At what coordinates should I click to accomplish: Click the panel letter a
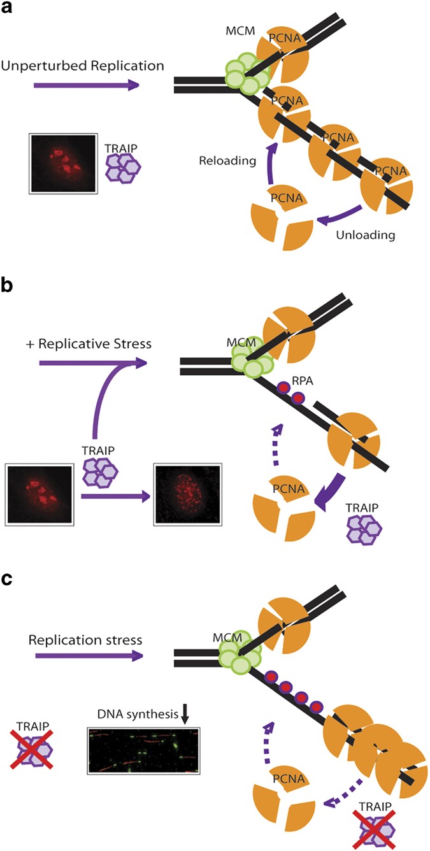9,11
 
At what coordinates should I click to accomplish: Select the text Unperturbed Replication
83,65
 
